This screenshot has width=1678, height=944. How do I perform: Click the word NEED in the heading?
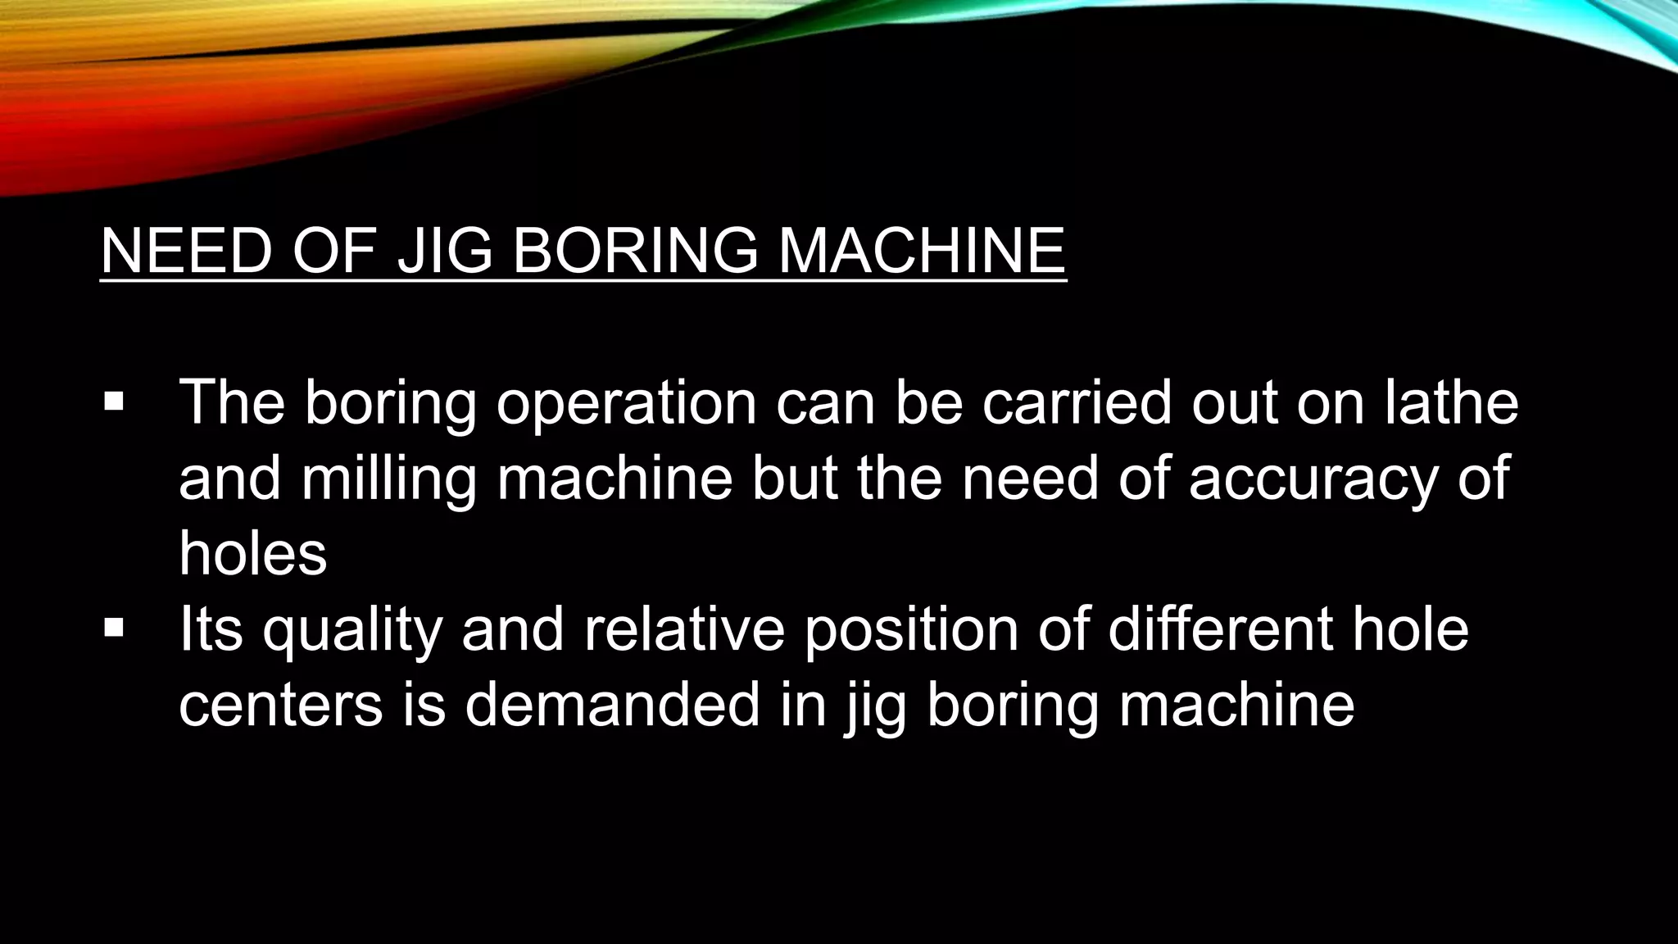(x=186, y=251)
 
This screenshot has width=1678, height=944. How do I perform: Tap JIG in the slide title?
(x=444, y=251)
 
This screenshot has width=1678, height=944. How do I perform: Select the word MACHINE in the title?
(x=921, y=251)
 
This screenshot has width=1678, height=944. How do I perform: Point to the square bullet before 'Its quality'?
(x=114, y=629)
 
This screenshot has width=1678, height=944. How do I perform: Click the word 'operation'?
(x=627, y=403)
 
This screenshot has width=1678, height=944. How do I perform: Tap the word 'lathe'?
(x=1451, y=403)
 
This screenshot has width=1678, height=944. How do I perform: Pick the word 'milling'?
(x=389, y=479)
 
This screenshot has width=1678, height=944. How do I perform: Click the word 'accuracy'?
(x=1313, y=479)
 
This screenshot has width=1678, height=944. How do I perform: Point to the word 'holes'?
(x=252, y=554)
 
